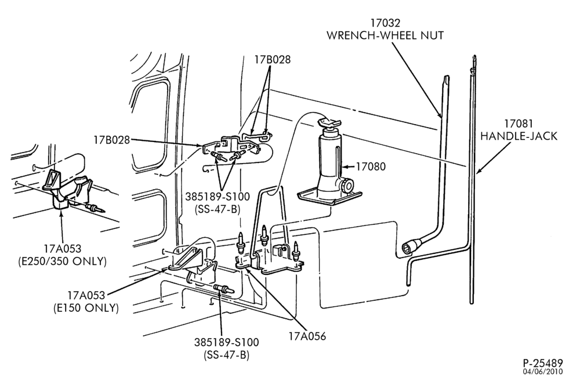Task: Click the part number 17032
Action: tap(386, 23)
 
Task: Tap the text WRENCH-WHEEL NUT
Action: tap(385, 35)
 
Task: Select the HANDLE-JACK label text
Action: tap(519, 136)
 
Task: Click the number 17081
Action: tap(519, 124)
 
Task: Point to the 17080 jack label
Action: tap(371, 166)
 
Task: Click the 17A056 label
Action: tap(307, 336)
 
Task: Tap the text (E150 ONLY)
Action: tap(86, 308)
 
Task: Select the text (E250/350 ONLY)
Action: tap(62, 261)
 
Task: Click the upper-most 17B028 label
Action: tap(272, 59)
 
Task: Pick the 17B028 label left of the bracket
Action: tap(112, 140)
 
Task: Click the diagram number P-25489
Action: tap(543, 363)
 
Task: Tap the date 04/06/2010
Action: tap(543, 371)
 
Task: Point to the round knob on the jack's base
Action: tap(347, 185)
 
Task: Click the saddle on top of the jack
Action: tap(330, 122)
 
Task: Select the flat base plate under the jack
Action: tap(330, 197)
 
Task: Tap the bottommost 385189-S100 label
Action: tap(226, 348)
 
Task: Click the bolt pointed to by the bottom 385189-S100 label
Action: tap(223, 289)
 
